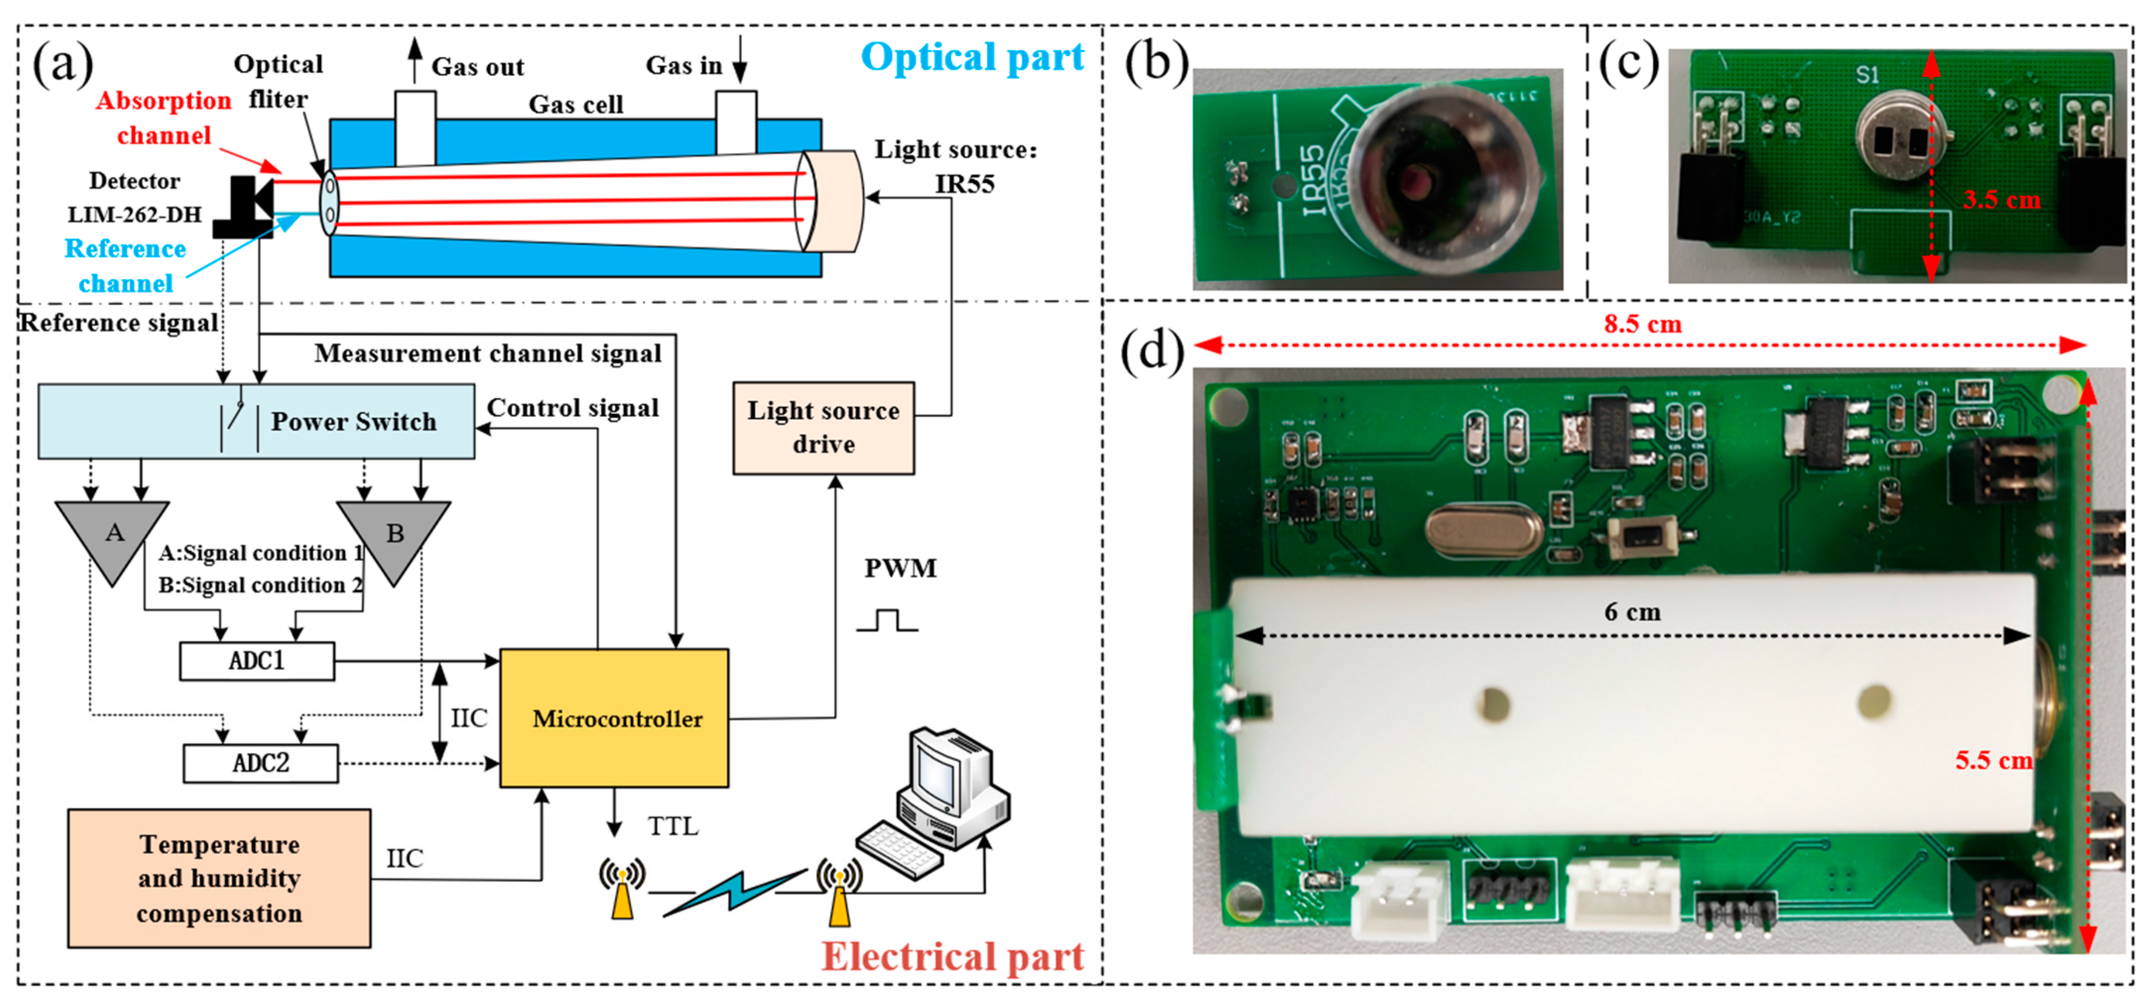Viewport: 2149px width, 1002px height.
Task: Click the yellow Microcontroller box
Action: [614, 718]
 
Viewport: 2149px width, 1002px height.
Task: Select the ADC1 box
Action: [257, 661]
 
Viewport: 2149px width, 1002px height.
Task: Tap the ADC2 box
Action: [260, 763]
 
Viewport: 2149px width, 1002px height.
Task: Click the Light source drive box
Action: [823, 428]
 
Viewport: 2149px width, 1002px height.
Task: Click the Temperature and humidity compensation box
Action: [219, 878]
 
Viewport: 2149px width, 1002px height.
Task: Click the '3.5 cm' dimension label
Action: [2001, 200]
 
